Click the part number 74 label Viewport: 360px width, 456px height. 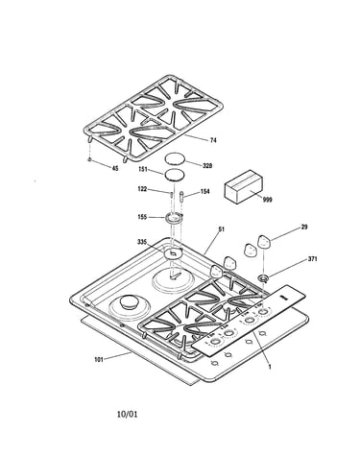pyautogui.click(x=213, y=140)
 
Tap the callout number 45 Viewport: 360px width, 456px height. pyautogui.click(x=114, y=168)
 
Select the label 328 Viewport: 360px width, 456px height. pyautogui.click(x=207, y=166)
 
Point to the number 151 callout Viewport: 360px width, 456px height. pyautogui.click(x=143, y=169)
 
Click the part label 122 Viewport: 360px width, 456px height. pyautogui.click(x=142, y=189)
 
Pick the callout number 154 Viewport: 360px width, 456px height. pyautogui.click(x=204, y=191)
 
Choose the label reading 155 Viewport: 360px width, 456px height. pyautogui.click(x=142, y=217)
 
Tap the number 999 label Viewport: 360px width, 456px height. pyautogui.click(x=267, y=200)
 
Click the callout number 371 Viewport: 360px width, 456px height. pyautogui.click(x=312, y=259)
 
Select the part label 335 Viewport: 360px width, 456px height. pyautogui.click(x=142, y=242)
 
